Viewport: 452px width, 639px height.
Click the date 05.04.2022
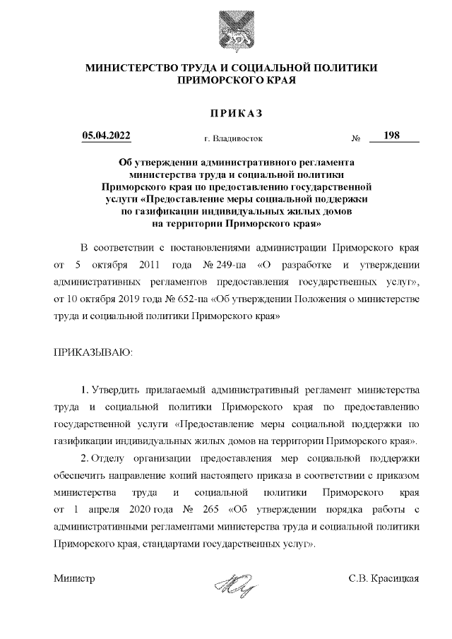click(106, 136)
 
